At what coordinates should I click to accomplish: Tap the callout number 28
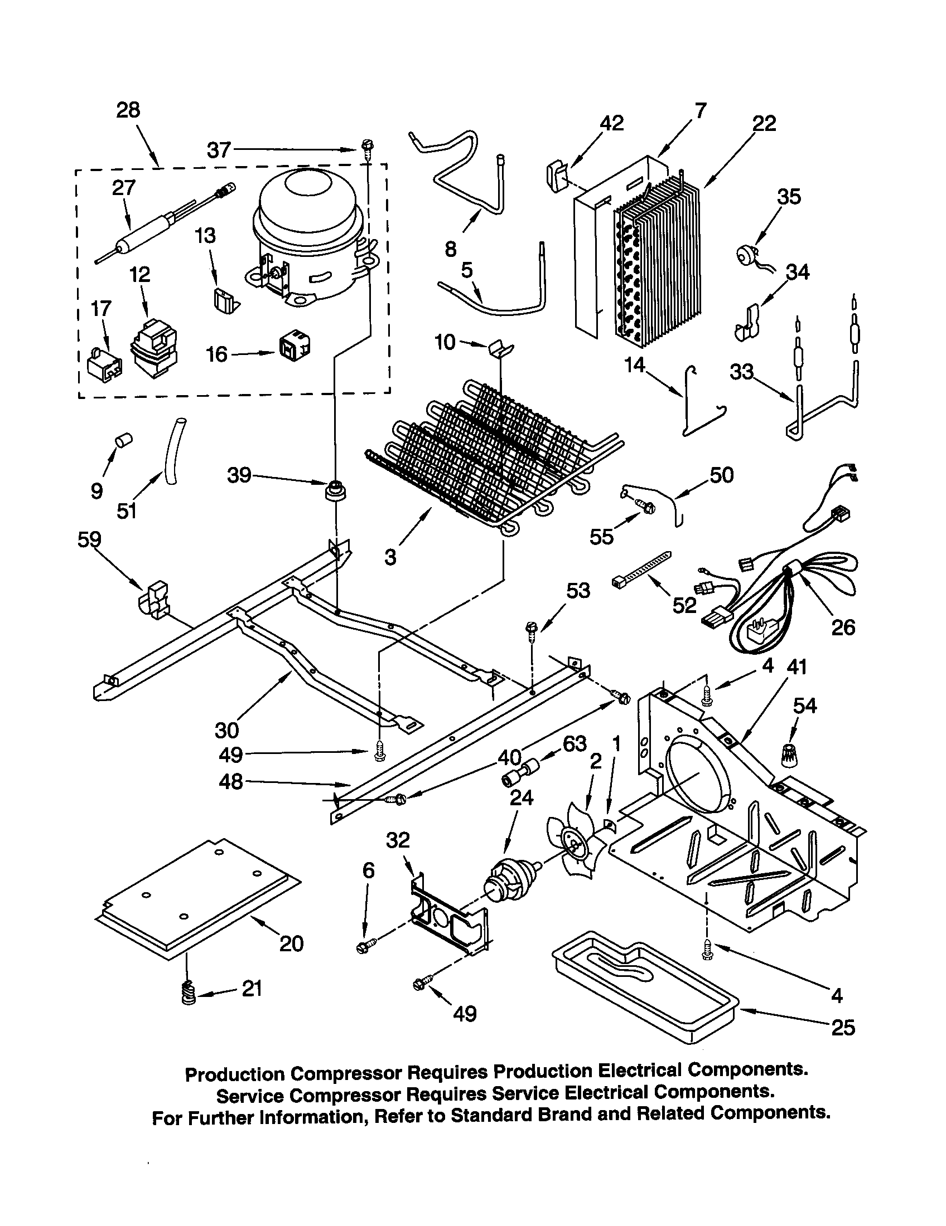[x=128, y=110]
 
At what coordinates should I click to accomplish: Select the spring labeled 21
[x=190, y=996]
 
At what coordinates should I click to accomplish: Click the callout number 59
[x=89, y=539]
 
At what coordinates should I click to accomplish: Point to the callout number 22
[x=765, y=123]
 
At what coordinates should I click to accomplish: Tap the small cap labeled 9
[x=123, y=440]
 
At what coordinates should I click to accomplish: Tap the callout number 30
[x=227, y=730]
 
